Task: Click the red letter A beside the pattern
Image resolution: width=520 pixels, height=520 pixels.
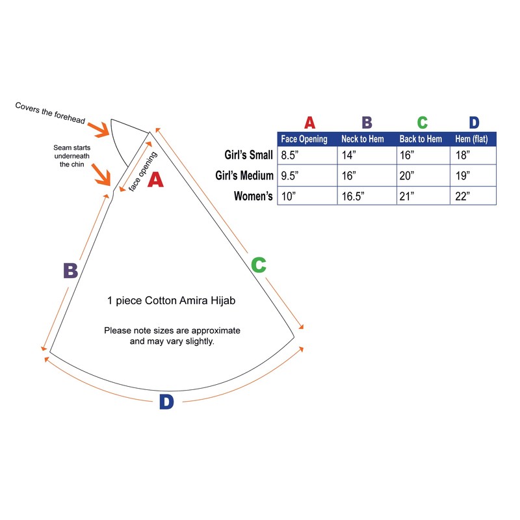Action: coord(155,179)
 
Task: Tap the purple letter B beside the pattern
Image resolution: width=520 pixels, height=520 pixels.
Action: coord(70,270)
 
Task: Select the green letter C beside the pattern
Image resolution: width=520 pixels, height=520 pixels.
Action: coord(258,265)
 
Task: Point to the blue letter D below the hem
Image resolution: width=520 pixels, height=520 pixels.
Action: coord(166,402)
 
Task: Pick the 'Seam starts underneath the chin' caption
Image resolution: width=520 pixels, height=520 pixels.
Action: coord(71,157)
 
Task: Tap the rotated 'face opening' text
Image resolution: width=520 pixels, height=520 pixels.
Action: coord(143,171)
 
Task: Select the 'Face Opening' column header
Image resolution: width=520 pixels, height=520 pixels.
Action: coord(304,139)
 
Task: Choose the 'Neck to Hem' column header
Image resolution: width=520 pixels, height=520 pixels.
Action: coord(363,139)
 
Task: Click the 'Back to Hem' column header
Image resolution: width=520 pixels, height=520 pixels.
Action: coord(421,139)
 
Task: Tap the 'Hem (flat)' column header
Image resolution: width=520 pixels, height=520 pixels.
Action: coord(472,139)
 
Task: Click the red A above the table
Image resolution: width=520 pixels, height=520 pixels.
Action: coord(310,123)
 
